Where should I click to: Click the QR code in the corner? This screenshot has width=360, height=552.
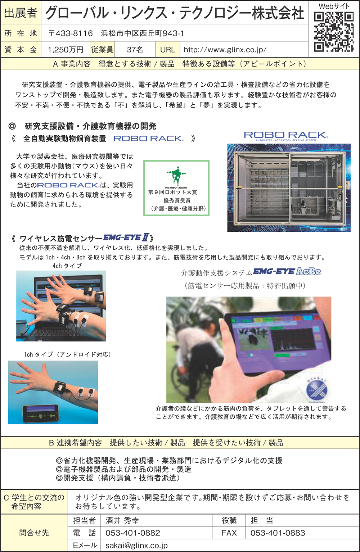click(x=334, y=32)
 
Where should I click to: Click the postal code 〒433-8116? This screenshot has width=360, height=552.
click(x=71, y=33)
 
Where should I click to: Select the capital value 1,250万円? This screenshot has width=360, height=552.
click(x=66, y=50)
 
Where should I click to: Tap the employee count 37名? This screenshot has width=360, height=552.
click(x=135, y=50)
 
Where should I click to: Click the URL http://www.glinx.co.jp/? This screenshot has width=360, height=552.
click(x=225, y=50)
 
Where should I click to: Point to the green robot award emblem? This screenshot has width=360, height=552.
click(x=176, y=176)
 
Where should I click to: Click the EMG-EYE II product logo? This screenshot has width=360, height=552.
click(x=126, y=238)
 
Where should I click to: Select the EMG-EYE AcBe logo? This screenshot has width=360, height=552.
click(x=287, y=272)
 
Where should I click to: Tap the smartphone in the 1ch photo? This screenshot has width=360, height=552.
click(x=41, y=414)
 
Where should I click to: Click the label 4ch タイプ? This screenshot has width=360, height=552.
click(x=67, y=266)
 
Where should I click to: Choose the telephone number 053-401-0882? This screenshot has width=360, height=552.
click(x=132, y=533)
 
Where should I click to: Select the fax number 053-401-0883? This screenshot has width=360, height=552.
click(x=278, y=533)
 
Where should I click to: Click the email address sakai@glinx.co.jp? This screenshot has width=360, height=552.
click(x=136, y=546)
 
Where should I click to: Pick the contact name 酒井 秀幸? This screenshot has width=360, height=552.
click(x=122, y=520)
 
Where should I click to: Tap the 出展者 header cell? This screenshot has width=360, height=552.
click(x=21, y=13)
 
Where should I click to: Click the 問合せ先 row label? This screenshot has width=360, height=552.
click(x=34, y=533)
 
